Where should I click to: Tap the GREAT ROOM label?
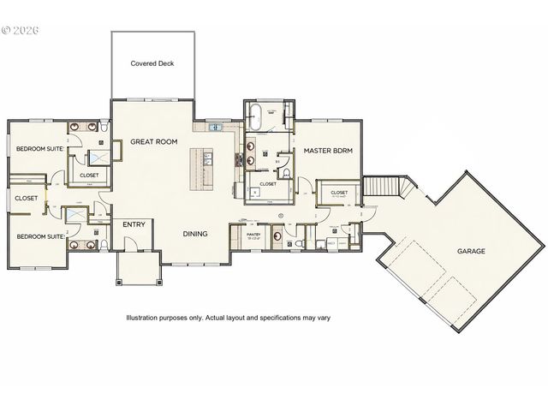pyautogui.click(x=153, y=142)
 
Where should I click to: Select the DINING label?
pyautogui.click(x=197, y=232)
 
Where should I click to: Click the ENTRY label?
pyautogui.click(x=134, y=224)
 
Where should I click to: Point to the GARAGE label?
pyautogui.click(x=471, y=252)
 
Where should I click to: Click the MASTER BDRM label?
pyautogui.click(x=329, y=150)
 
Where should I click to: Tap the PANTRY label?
pyautogui.click(x=253, y=233)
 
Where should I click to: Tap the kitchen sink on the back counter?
pyautogui.click(x=214, y=128)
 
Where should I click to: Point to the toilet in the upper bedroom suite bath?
pyautogui.click(x=102, y=129)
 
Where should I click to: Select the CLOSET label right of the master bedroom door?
pyautogui.click(x=339, y=193)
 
